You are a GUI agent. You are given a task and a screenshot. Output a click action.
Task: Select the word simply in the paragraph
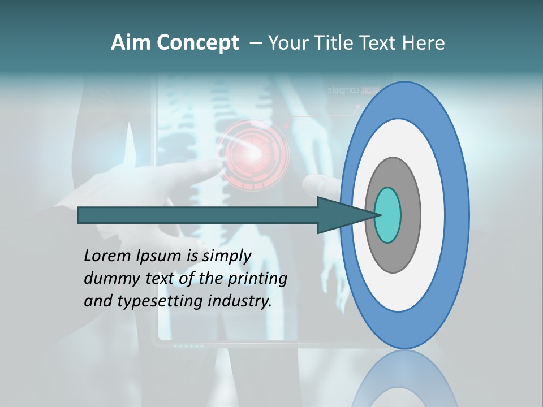click(x=227, y=256)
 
